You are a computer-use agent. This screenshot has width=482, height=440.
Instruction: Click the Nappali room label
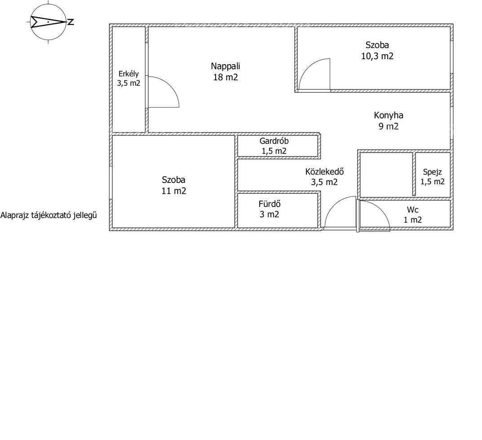coord(226,66)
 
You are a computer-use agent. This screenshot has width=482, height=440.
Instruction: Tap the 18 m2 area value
coord(226,77)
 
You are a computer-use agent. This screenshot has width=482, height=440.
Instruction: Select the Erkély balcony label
coord(128,74)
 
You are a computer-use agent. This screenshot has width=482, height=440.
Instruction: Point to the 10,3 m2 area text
coord(377,56)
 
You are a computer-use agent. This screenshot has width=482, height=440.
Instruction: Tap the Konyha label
coord(389,115)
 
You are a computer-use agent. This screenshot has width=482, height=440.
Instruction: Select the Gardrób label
coord(274,141)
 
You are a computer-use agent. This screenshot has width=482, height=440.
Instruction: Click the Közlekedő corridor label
coord(324,171)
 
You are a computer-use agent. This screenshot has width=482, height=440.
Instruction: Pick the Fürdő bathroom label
coord(269,204)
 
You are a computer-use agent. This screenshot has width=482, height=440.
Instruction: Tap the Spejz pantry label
coord(432,172)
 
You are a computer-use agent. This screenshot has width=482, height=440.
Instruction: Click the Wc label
coord(412,210)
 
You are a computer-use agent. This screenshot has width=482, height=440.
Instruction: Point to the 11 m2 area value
coord(174,191)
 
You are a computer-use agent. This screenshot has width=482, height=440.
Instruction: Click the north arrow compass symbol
coord(48,22)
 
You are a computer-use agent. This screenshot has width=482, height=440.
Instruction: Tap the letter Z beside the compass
coord(71,22)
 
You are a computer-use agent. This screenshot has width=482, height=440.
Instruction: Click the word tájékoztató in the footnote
coord(51,215)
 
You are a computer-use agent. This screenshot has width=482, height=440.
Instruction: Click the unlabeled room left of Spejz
coord(386,174)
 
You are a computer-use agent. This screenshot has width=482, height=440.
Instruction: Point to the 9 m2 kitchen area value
coord(389,126)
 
